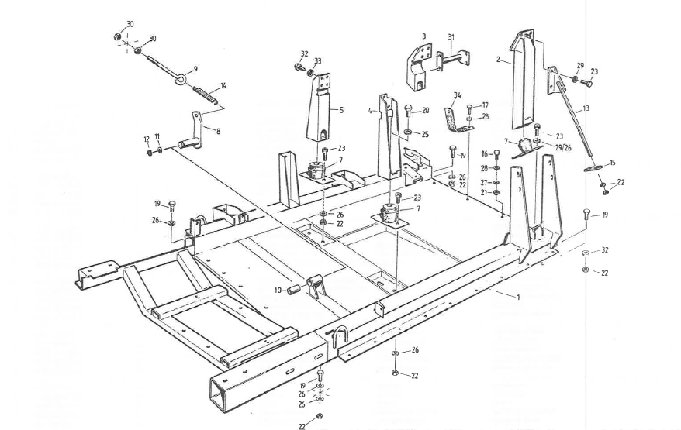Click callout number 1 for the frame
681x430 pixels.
(x=518, y=298)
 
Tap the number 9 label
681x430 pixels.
(x=195, y=68)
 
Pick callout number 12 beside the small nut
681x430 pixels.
(x=145, y=139)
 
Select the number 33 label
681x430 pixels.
(x=318, y=61)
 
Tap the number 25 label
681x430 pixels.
(x=425, y=134)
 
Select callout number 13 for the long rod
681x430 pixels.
(x=586, y=108)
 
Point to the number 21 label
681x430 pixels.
(x=485, y=191)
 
